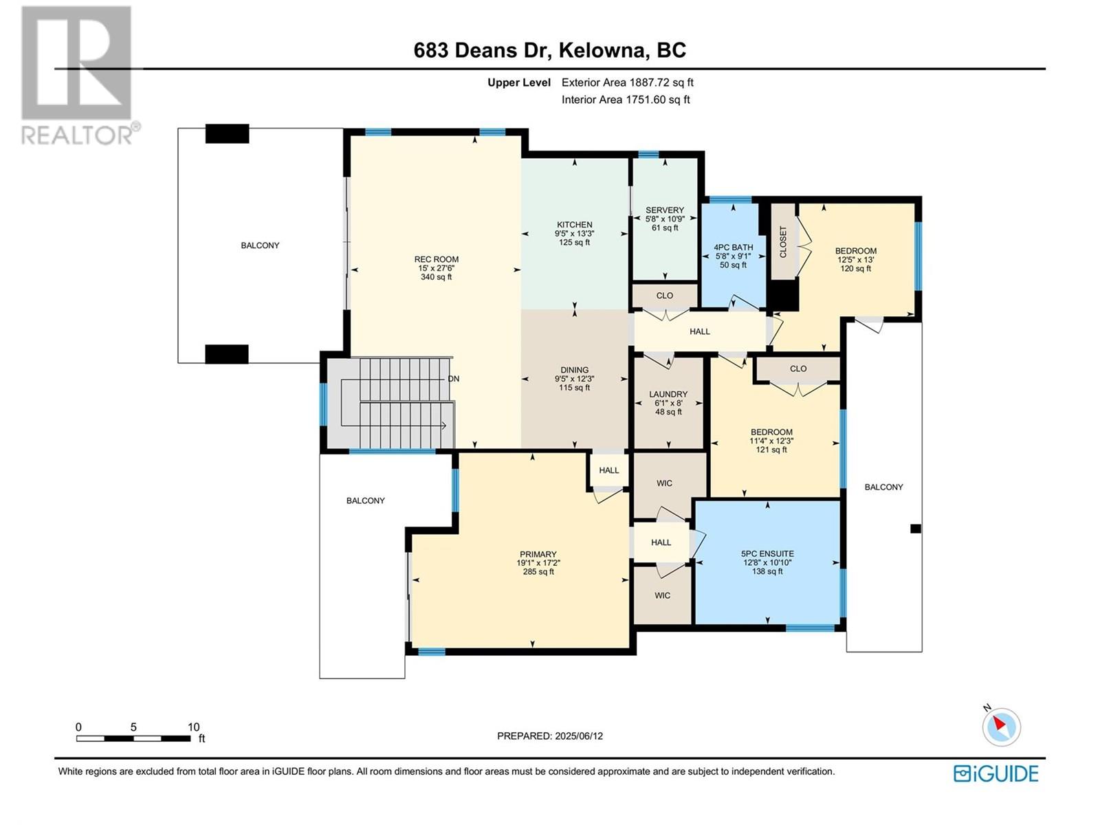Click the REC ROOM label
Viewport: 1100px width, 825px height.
[436, 259]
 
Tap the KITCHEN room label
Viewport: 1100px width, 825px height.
[574, 225]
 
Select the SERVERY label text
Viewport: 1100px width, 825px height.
[665, 210]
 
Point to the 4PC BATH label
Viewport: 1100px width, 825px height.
[733, 247]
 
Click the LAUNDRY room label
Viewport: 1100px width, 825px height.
[668, 394]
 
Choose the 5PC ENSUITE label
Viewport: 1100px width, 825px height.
[767, 553]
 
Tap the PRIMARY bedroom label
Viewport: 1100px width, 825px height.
[538, 554]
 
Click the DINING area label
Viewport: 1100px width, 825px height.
[574, 370]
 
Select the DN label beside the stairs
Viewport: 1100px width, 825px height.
[453, 379]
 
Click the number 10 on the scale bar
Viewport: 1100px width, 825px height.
[193, 727]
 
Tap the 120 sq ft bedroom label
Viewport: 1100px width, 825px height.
[855, 269]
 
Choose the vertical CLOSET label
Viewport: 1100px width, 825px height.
[783, 241]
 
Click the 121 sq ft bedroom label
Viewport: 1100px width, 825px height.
[771, 450]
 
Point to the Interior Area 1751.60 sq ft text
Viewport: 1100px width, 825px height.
[626, 100]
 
